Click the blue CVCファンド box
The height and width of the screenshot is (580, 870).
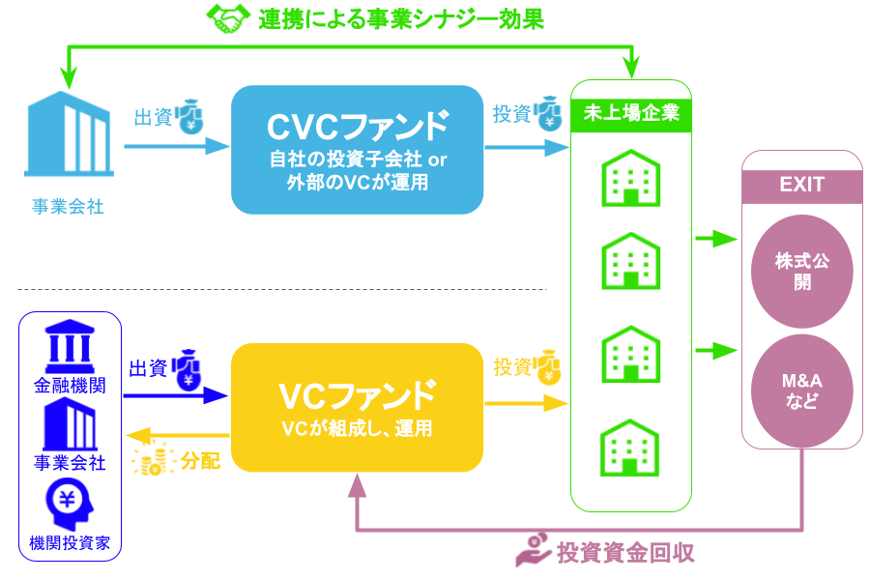(357, 150)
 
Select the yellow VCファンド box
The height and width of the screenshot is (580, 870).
(357, 407)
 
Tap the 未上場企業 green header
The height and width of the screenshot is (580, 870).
(631, 114)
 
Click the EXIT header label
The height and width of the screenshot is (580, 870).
(801, 185)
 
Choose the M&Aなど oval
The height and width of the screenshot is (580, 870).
(801, 391)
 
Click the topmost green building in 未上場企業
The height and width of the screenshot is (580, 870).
(631, 178)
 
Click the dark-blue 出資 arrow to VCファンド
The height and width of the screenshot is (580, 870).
(174, 394)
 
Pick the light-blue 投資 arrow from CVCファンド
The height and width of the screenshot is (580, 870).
(526, 148)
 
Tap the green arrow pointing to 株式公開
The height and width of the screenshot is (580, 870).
(716, 239)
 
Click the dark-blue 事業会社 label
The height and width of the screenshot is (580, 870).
(70, 463)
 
